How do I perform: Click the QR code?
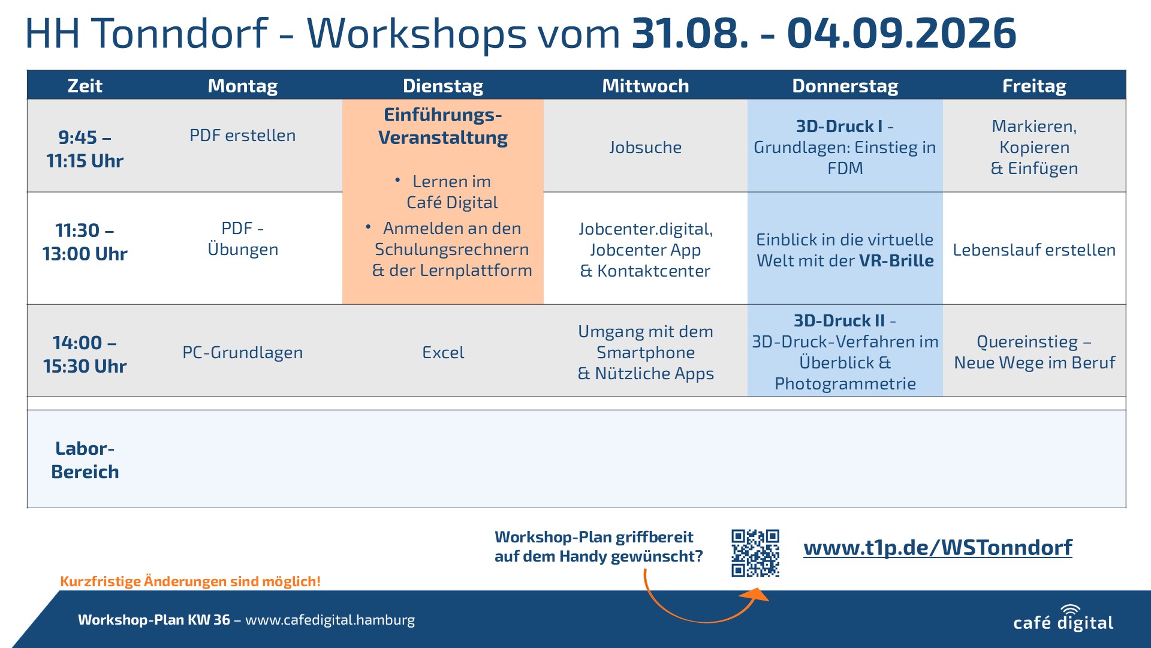click(755, 553)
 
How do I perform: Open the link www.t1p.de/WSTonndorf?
click(938, 547)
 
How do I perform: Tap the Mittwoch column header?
click(645, 86)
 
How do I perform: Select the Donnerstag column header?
click(845, 86)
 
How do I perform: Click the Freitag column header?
click(1034, 86)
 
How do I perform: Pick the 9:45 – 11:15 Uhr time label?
click(85, 149)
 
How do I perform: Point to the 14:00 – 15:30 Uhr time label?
click(85, 354)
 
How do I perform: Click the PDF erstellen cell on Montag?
click(243, 136)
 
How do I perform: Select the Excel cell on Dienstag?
click(443, 352)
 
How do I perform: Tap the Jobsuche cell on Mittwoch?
click(645, 147)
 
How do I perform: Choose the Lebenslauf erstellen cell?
click(1034, 250)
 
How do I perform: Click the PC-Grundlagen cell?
click(243, 352)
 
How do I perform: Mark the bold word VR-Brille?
click(896, 260)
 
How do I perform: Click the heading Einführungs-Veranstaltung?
click(443, 126)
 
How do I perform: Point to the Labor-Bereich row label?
click(85, 460)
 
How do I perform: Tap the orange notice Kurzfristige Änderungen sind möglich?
click(190, 581)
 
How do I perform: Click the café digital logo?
click(1063, 618)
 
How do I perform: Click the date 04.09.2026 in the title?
click(902, 33)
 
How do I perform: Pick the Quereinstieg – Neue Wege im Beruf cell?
click(1034, 352)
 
